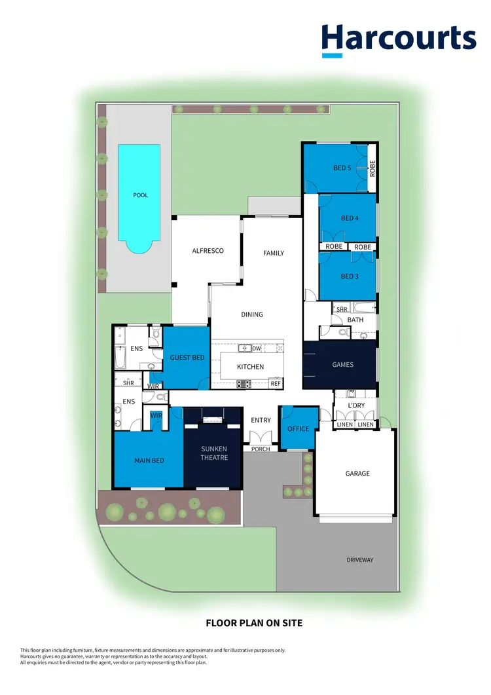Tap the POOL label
click(x=140, y=195)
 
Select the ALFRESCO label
click(x=208, y=251)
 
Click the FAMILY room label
click(x=274, y=253)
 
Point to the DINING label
click(x=252, y=314)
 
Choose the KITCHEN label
click(x=250, y=367)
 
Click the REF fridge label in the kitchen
click(x=275, y=383)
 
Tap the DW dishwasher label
click(x=257, y=349)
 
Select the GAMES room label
click(x=343, y=365)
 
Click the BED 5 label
click(x=342, y=168)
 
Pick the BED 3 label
click(x=350, y=276)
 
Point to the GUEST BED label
click(x=187, y=358)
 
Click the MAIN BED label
click(x=149, y=460)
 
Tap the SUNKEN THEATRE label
click(x=214, y=453)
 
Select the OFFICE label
click(x=299, y=429)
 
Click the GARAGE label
click(x=357, y=473)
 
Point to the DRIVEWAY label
click(x=360, y=560)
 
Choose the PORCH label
click(x=261, y=449)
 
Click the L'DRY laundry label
click(x=356, y=406)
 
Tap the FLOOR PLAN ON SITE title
click(x=254, y=623)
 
